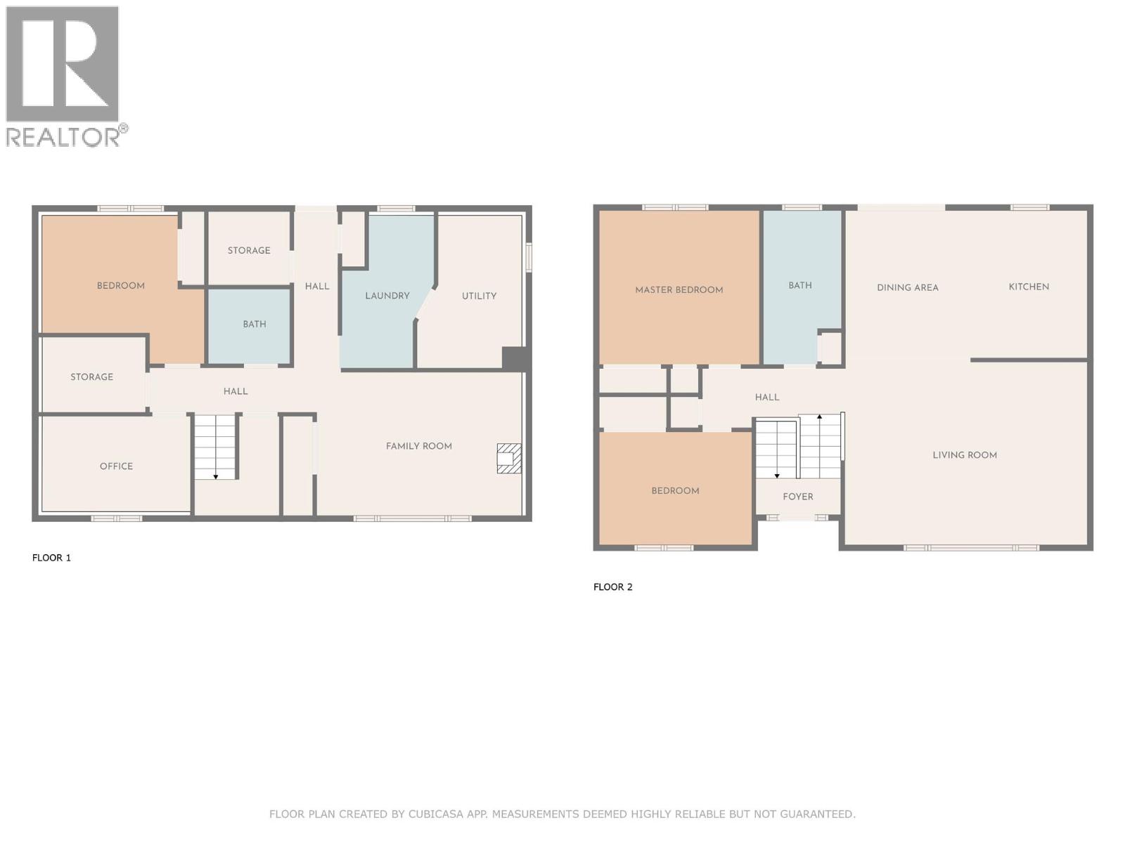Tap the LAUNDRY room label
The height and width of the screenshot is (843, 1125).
click(387, 296)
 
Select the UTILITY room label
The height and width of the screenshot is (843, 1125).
click(479, 296)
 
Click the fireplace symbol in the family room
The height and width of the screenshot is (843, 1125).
click(509, 458)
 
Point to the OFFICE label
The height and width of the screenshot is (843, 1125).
click(116, 466)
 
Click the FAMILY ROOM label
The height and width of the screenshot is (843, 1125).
click(418, 446)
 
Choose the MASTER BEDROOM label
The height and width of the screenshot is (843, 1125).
click(679, 289)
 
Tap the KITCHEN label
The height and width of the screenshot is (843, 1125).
click(1028, 287)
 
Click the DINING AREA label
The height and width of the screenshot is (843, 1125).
click(907, 287)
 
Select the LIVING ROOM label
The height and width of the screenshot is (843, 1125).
click(964, 455)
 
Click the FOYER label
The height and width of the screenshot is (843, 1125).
click(797, 497)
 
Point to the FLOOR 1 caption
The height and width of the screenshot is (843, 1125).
click(51, 558)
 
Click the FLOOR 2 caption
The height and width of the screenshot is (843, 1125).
click(612, 587)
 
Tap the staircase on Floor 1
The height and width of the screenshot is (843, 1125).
click(215, 447)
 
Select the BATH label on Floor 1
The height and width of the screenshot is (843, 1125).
click(254, 324)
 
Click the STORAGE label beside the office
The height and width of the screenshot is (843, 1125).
click(91, 377)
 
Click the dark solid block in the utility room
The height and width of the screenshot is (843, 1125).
click(515, 358)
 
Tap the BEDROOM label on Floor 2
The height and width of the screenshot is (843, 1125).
click(674, 490)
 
